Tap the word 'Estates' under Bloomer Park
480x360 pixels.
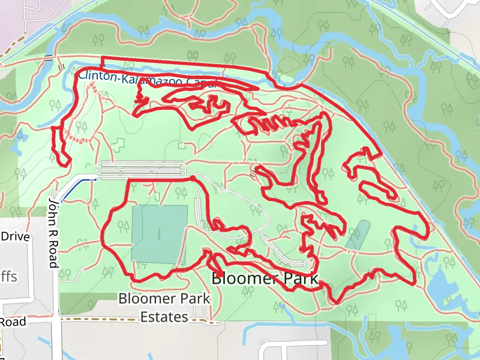tap(164, 316)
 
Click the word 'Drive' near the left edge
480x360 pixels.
tap(15, 236)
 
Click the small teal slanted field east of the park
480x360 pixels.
tap(358, 235)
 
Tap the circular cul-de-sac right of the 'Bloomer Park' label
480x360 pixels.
tap(307, 263)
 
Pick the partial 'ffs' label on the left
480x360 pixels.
tap(8, 277)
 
